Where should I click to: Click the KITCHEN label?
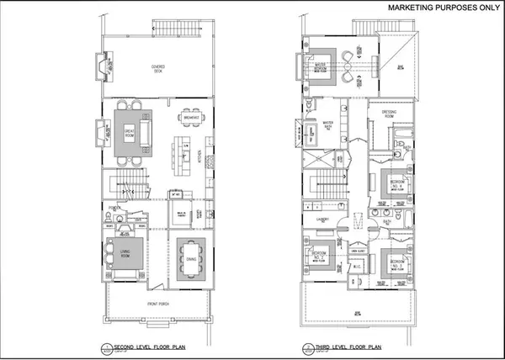click(199, 156)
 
